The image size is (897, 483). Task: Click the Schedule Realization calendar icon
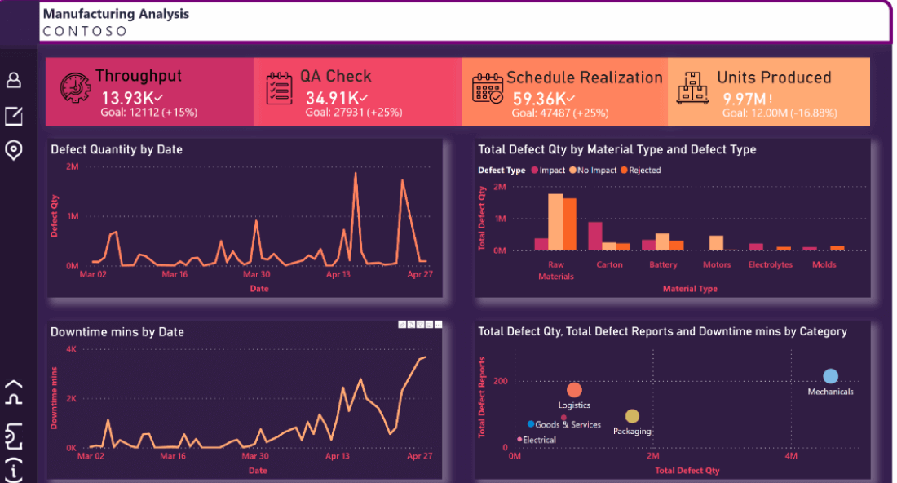pos(488,86)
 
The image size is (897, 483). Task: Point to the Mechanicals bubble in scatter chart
pos(830,376)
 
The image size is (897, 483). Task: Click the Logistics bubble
pos(574,390)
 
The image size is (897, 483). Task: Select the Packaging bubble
pos(632,417)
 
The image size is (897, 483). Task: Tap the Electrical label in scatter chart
pos(539,440)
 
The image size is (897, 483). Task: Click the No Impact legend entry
pos(595,171)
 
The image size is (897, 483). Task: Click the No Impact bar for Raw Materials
pos(555,222)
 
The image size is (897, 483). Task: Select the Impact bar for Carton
pos(595,236)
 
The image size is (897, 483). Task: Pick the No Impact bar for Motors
pos(716,242)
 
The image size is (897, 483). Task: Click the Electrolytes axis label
pos(771,264)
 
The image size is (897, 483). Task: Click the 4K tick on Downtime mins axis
pos(71,349)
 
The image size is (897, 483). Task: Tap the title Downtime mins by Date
pos(117,332)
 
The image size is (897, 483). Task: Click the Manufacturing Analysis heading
pos(116,14)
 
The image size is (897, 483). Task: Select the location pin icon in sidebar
pos(14,150)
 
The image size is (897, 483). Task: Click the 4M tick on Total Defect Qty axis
pos(791,455)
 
